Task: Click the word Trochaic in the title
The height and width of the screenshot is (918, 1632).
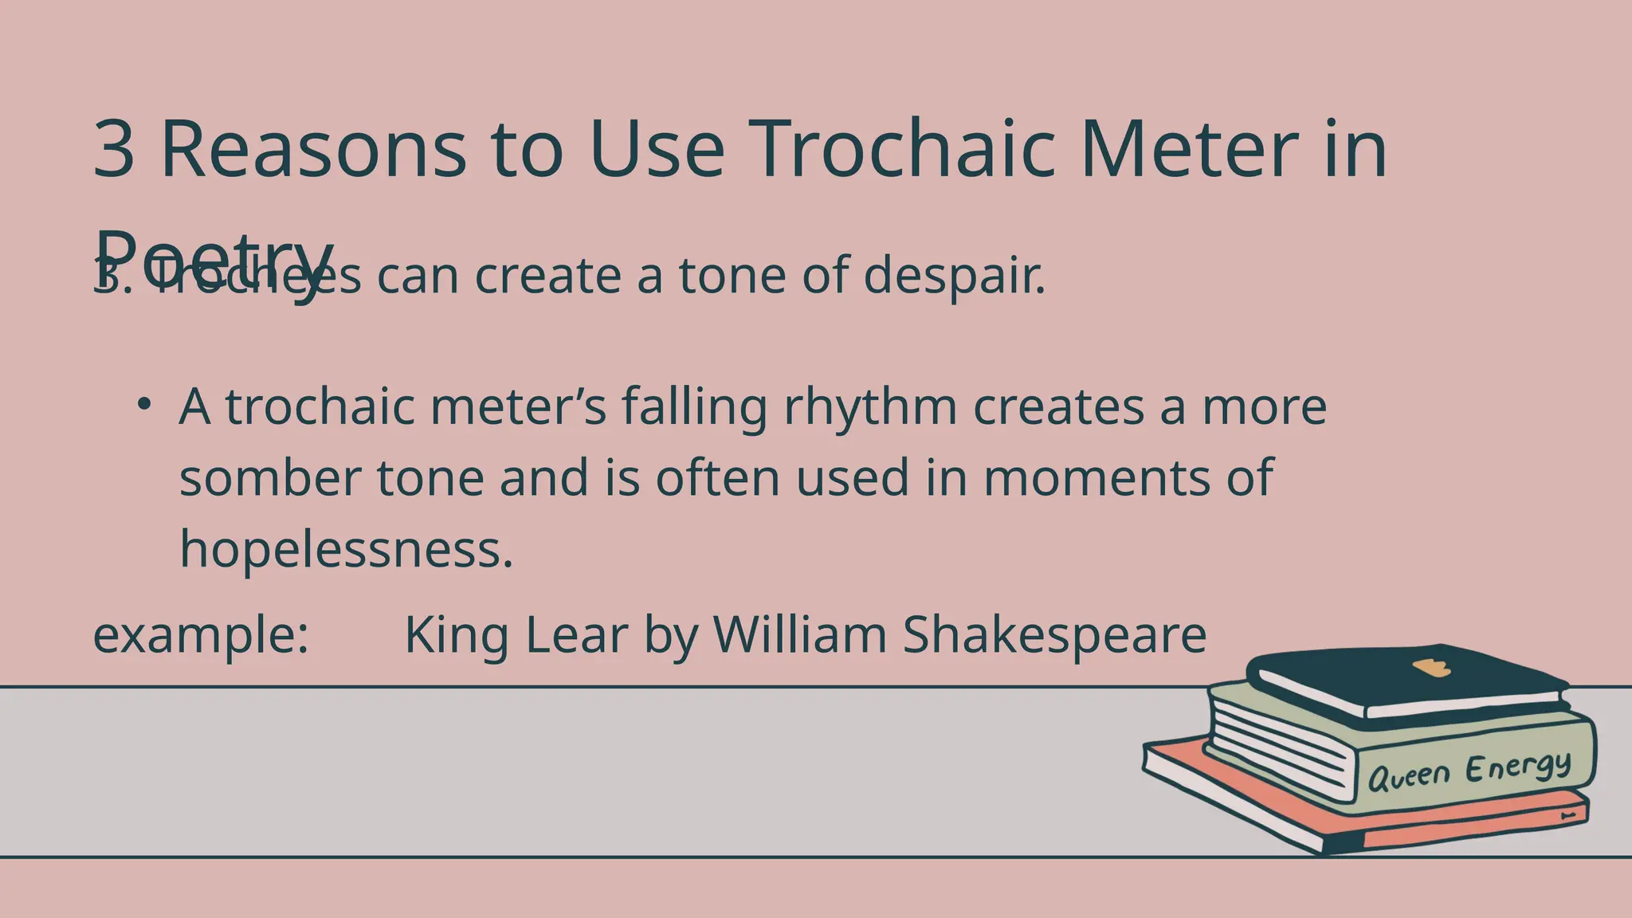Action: [x=904, y=149]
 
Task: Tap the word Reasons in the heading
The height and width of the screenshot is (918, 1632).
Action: [x=313, y=149]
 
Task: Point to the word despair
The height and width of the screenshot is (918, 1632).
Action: [x=954, y=276]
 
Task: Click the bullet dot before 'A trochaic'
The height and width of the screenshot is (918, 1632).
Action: [x=143, y=404]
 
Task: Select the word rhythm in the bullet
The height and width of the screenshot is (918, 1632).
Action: [x=870, y=407]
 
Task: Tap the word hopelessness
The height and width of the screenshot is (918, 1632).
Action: [x=346, y=549]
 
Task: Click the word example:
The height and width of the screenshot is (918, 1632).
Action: [x=201, y=635]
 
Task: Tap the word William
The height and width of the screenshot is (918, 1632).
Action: [x=799, y=635]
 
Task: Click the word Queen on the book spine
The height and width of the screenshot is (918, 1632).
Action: [x=1408, y=775]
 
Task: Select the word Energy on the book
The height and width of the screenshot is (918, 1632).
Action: [x=1519, y=767]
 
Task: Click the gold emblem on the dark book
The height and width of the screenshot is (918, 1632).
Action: [x=1431, y=668]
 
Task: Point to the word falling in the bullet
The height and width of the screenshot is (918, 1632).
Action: [x=694, y=407]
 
